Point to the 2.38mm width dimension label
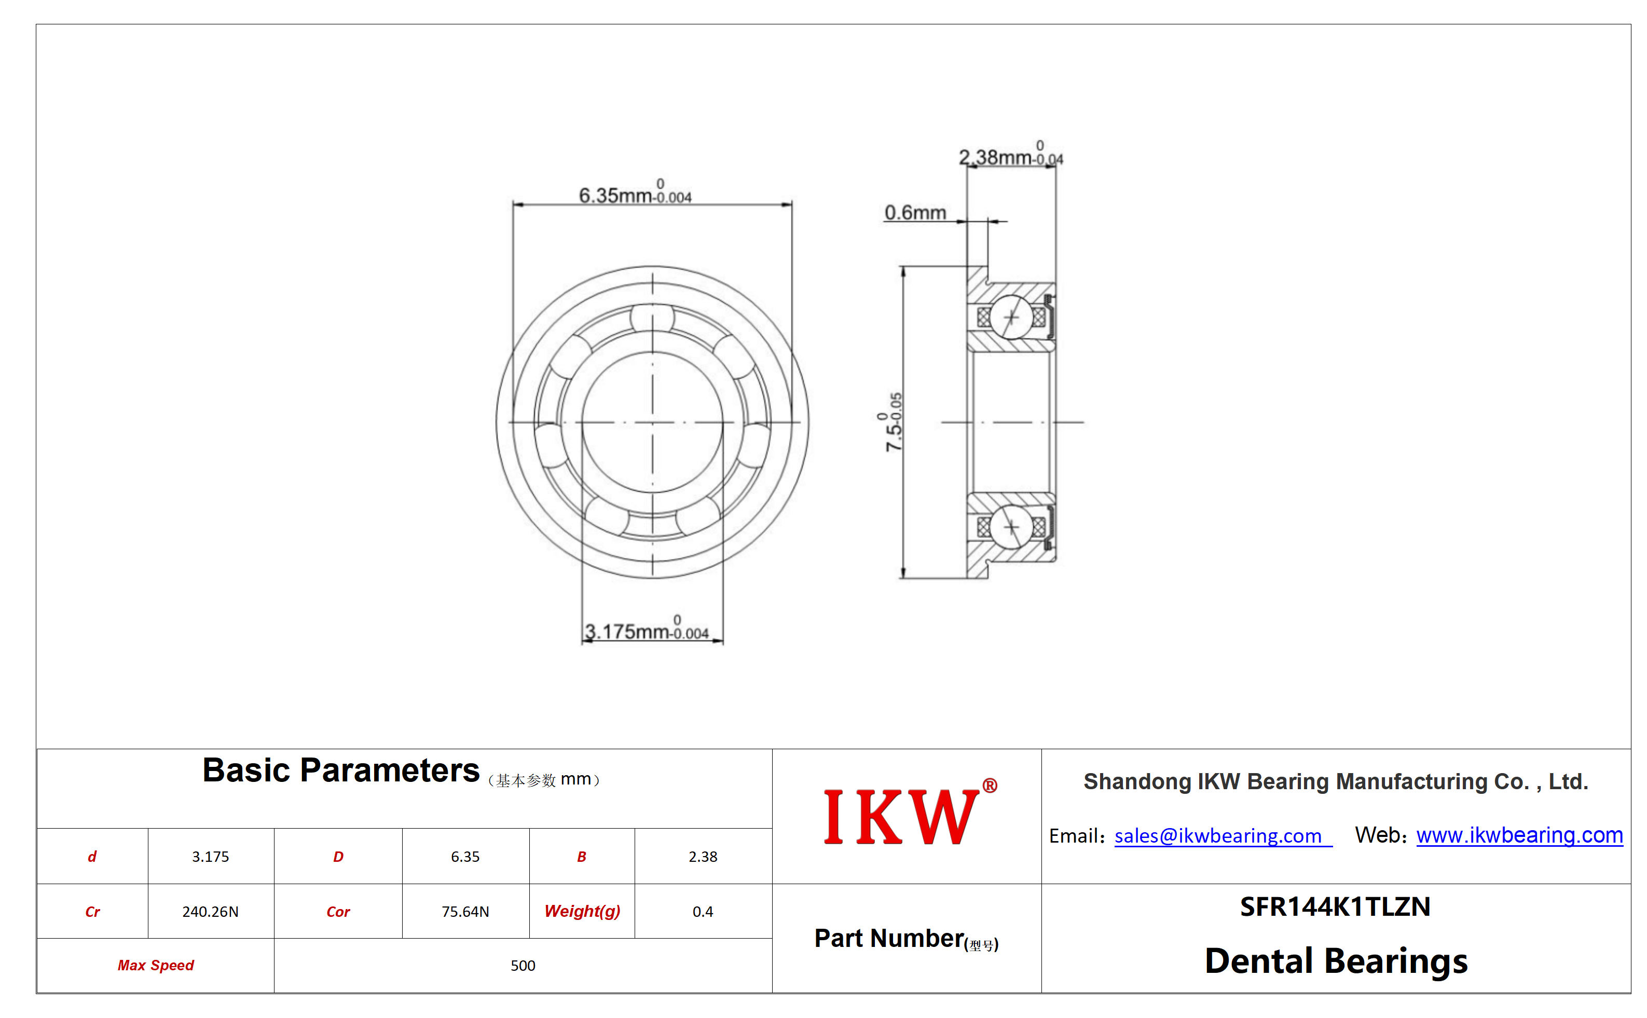tap(1010, 154)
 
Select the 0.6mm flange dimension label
tap(914, 213)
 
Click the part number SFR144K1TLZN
tap(1335, 907)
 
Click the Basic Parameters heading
tap(341, 770)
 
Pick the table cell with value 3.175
tap(211, 857)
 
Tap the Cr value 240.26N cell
tap(211, 912)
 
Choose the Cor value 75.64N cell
tap(465, 912)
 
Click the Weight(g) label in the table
tap(582, 912)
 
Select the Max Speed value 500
tap(523, 966)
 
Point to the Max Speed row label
tap(156, 966)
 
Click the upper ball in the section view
tap(1011, 317)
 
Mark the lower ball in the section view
tap(1011, 527)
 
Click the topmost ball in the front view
tap(652, 317)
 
